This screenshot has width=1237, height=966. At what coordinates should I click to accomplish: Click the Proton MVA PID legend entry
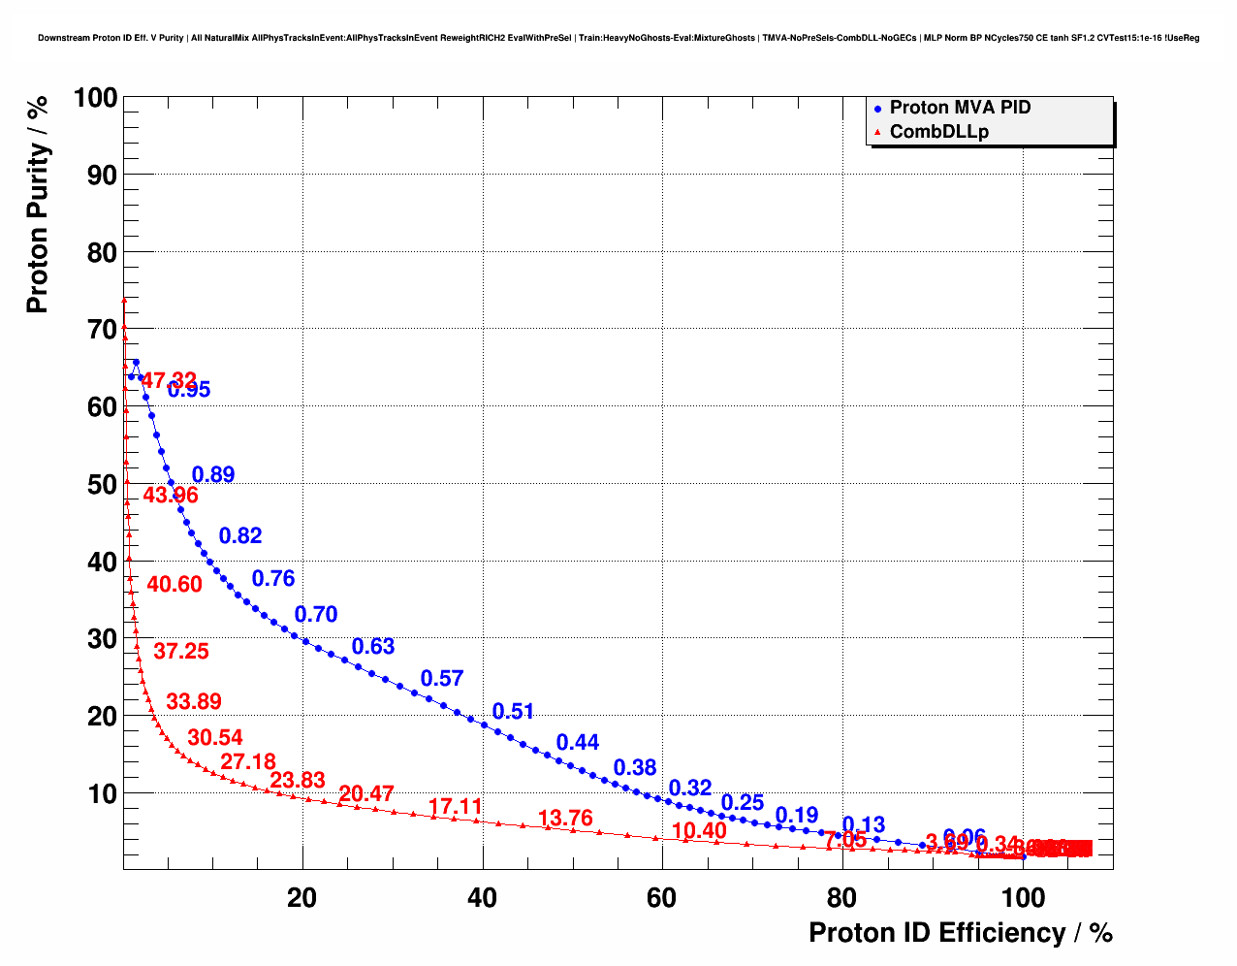pos(960,108)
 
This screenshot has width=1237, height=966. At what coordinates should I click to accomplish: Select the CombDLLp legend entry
pos(938,132)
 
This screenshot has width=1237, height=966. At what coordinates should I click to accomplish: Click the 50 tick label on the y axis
pos(95,484)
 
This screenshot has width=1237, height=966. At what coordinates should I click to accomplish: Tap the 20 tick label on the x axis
pos(302,898)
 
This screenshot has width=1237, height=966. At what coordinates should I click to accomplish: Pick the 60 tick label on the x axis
pos(662,898)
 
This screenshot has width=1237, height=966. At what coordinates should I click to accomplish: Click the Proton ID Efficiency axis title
pos(960,933)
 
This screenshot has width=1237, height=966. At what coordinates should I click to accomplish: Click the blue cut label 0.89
pos(213,474)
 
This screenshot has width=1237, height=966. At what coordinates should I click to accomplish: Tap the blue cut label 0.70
pos(316,614)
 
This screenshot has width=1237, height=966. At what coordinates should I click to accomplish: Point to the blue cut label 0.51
pos(513,711)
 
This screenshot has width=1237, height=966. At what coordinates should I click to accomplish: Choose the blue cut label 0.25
pos(743,802)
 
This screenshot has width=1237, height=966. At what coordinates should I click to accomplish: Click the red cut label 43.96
pos(171,495)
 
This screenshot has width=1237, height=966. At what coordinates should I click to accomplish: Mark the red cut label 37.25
pos(181,651)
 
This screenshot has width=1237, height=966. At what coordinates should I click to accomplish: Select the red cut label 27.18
pos(248,761)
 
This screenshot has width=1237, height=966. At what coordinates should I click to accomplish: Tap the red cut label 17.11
pos(455,806)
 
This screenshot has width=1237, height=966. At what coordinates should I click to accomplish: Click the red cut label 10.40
pos(699,830)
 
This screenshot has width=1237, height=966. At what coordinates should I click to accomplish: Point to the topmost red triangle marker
pos(124,301)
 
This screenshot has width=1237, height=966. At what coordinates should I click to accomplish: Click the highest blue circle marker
pos(135,362)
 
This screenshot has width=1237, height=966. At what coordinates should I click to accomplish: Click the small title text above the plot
pos(618,38)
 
